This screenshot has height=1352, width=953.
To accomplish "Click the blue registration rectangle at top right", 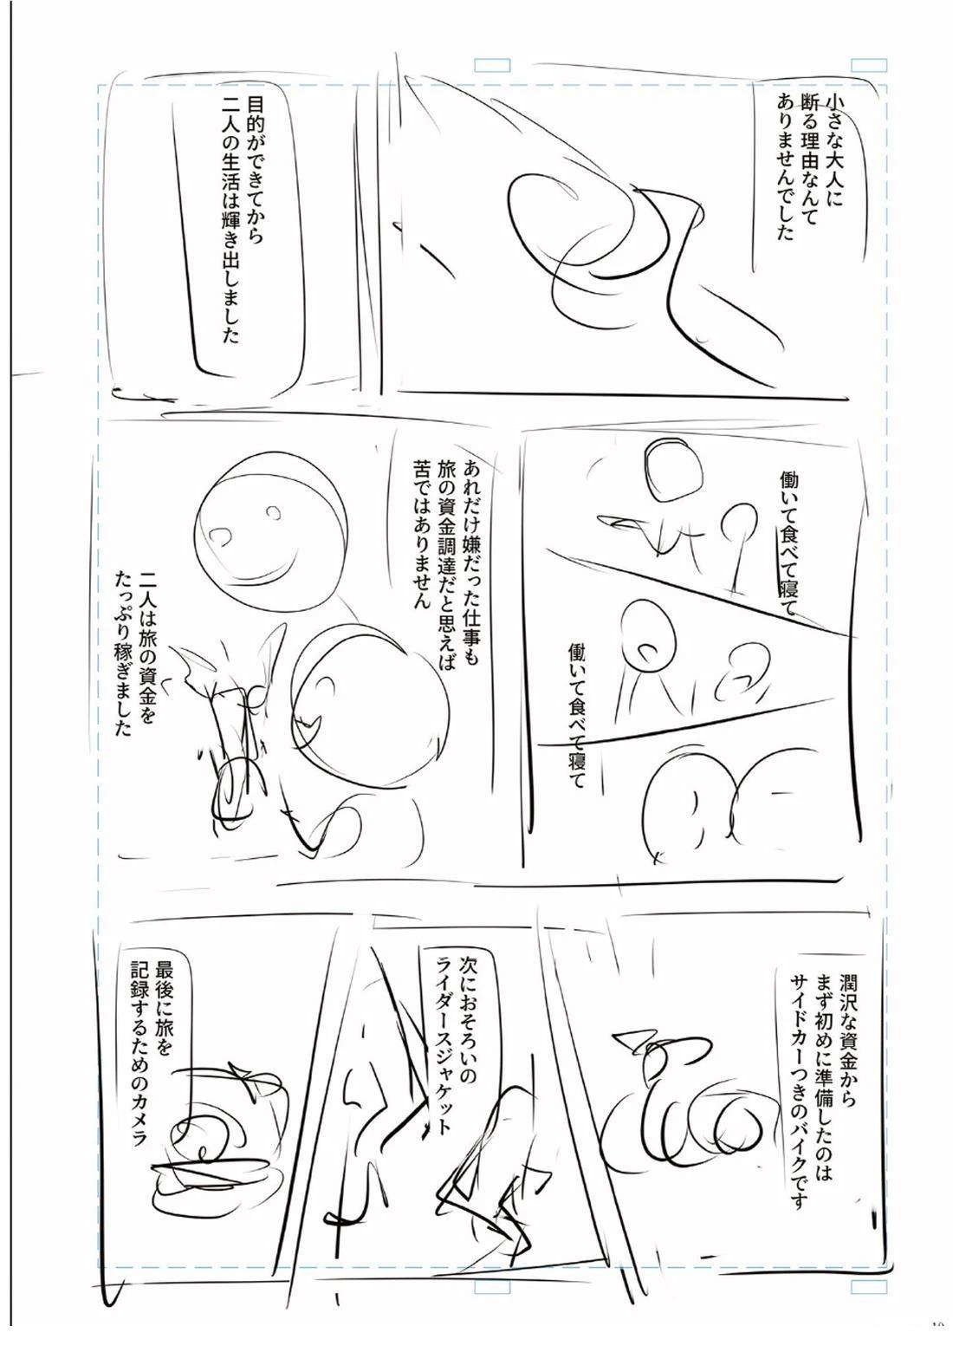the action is pyautogui.click(x=869, y=65).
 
